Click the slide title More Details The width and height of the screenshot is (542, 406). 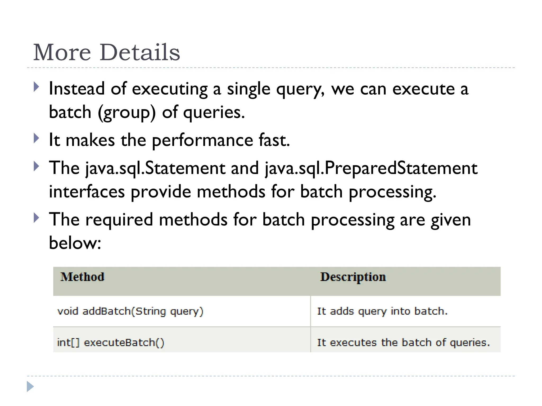click(x=106, y=52)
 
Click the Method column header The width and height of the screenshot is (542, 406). click(x=82, y=277)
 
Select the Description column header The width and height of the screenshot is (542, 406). click(x=353, y=277)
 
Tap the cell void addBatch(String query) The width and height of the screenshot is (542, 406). click(x=130, y=311)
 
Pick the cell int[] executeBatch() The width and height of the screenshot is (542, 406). click(x=111, y=343)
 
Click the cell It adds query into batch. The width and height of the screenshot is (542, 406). click(x=382, y=311)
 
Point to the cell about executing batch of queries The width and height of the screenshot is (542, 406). click(x=403, y=343)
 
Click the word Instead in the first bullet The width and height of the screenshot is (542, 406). click(x=77, y=89)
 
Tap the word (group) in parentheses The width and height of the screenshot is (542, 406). click(x=127, y=113)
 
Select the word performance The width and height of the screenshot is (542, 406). click(x=202, y=140)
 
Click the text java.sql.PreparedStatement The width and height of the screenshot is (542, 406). click(x=371, y=168)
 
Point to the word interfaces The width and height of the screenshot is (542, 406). click(x=87, y=192)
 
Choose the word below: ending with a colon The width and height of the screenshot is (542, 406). click(x=75, y=243)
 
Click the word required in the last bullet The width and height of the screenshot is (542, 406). click(x=119, y=220)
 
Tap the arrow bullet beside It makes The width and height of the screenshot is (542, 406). click(x=37, y=138)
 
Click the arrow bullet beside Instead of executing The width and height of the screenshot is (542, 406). click(x=37, y=87)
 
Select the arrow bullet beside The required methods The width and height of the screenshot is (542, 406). click(x=37, y=218)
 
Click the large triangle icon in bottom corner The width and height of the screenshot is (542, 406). click(x=30, y=386)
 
